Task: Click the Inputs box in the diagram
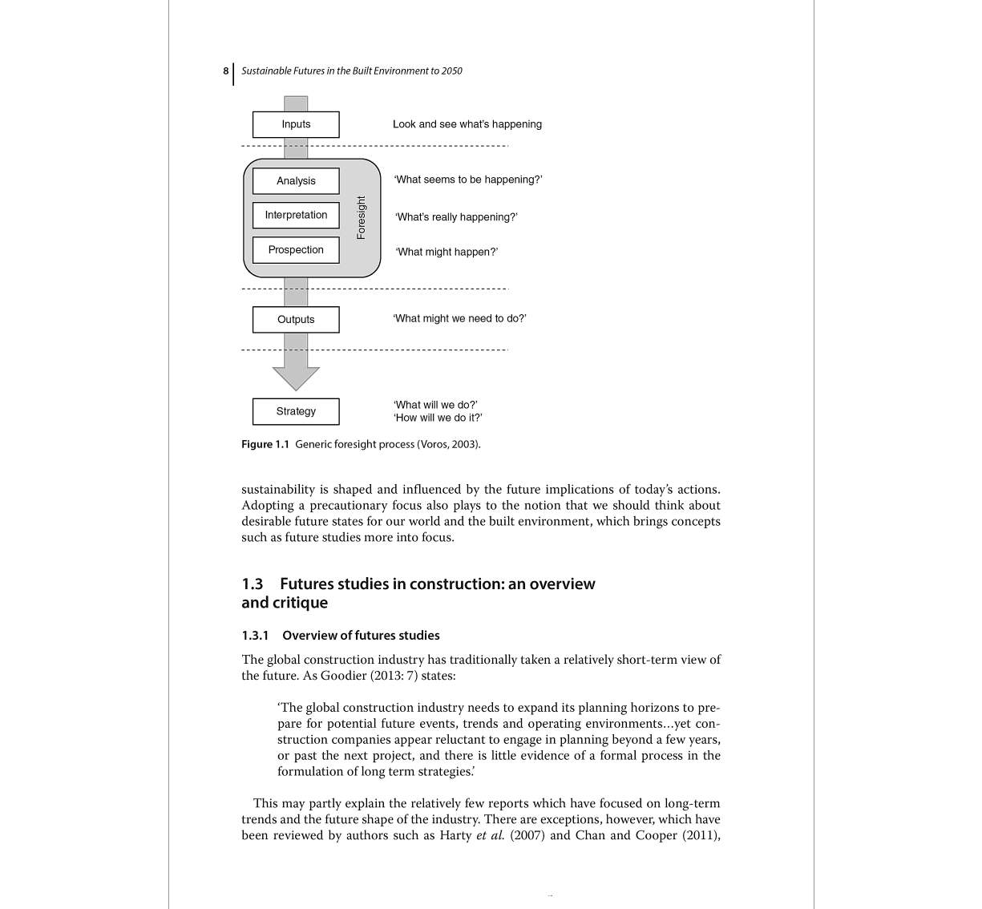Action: pos(296,124)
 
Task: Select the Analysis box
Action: pos(296,181)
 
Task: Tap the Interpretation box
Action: pos(296,216)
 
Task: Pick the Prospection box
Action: pos(296,250)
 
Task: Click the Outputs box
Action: pos(296,320)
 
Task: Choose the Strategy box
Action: pos(296,411)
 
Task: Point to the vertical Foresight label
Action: pos(361,218)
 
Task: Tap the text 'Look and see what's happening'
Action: pos(467,124)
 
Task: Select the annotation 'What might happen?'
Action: pos(447,252)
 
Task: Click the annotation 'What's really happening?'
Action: pos(456,217)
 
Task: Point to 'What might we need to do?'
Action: pos(459,318)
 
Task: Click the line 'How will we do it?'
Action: pos(438,418)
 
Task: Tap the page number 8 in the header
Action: pos(226,71)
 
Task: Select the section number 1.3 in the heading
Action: pos(253,584)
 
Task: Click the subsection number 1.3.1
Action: pos(255,636)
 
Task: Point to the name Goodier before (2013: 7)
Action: pos(346,676)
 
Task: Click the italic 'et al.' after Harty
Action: pos(491,835)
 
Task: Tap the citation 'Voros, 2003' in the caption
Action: pos(448,444)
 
